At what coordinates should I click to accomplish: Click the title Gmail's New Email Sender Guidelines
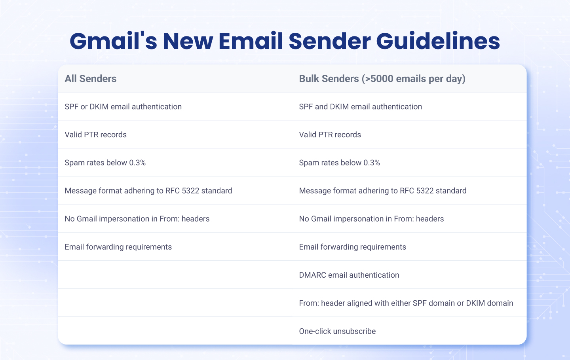(x=285, y=41)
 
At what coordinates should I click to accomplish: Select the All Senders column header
(x=91, y=79)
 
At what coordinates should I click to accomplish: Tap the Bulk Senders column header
(x=382, y=79)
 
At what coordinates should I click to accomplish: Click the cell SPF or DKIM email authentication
(x=123, y=107)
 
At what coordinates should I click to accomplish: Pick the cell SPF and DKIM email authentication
(x=360, y=107)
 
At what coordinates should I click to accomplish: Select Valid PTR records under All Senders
(x=95, y=135)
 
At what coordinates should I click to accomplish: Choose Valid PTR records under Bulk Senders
(x=330, y=135)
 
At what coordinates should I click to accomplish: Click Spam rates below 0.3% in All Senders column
(x=105, y=163)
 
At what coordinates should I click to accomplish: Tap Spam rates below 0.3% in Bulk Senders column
(x=339, y=163)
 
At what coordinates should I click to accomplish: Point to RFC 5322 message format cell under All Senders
(x=148, y=191)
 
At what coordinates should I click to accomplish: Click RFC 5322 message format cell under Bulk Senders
(x=382, y=191)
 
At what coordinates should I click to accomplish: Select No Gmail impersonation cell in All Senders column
(x=137, y=219)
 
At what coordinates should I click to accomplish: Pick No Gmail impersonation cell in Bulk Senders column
(x=371, y=219)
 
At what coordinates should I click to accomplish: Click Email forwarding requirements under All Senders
(x=118, y=247)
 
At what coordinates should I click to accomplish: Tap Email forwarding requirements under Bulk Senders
(x=352, y=247)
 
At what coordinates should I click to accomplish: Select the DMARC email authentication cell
(x=349, y=275)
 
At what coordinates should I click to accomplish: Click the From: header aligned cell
(x=406, y=303)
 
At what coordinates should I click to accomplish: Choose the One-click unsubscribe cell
(x=337, y=332)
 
